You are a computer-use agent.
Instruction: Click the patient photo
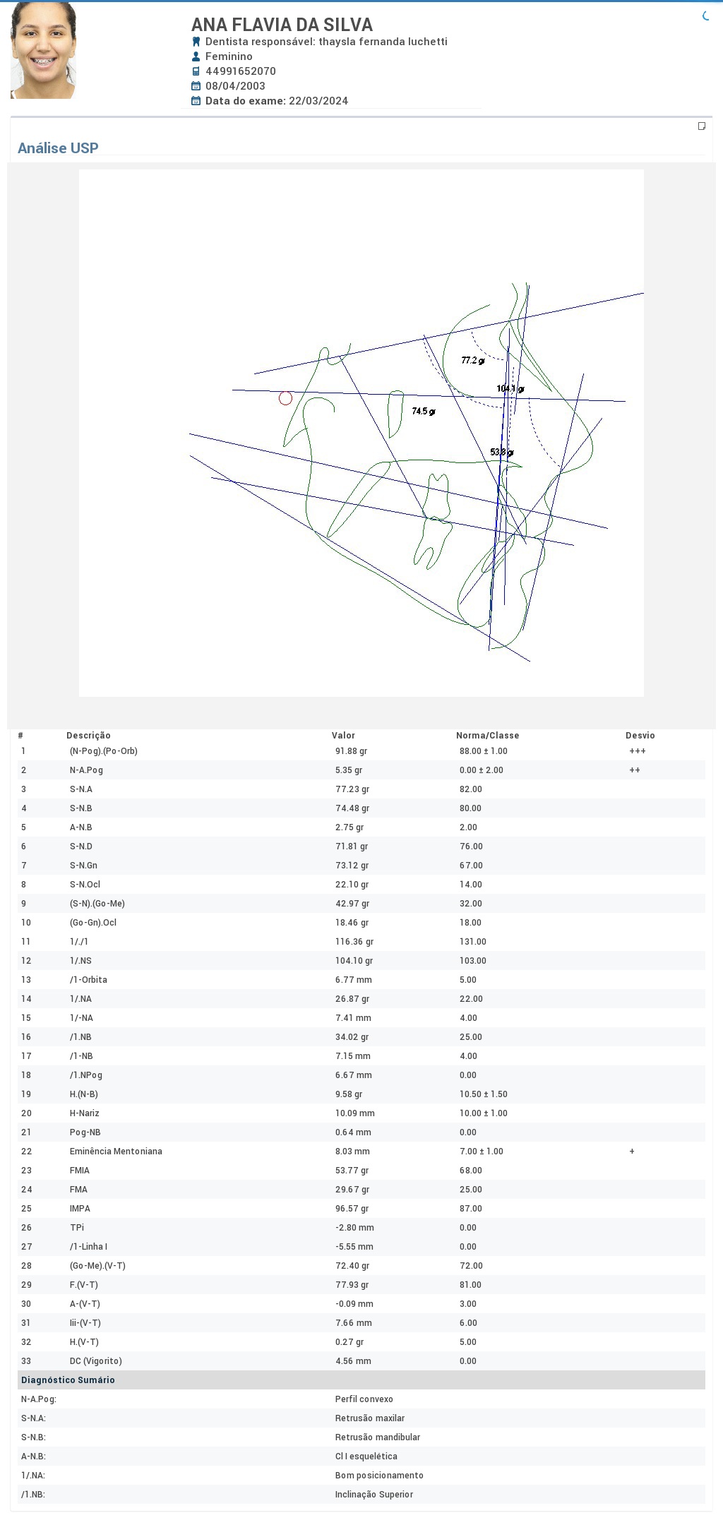(43, 50)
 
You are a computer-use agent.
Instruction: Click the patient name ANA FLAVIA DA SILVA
(282, 25)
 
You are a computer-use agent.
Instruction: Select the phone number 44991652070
(241, 71)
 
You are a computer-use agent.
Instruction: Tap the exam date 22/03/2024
(318, 101)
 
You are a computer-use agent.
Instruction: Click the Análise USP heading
(58, 148)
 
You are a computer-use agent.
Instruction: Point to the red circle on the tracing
(285, 398)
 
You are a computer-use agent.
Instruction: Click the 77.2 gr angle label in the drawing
(473, 361)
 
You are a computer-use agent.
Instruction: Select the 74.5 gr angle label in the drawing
(424, 412)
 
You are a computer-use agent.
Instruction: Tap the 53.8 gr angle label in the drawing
(502, 453)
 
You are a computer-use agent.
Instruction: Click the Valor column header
(343, 736)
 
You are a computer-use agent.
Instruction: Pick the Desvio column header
(640, 736)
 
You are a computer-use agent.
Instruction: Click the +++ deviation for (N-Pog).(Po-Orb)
(638, 751)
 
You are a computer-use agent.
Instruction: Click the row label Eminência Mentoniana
(116, 1152)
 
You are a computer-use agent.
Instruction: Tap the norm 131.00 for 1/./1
(473, 942)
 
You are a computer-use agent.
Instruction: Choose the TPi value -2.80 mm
(354, 1228)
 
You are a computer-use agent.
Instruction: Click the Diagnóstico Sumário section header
(68, 1380)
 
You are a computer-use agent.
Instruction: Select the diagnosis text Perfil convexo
(364, 1399)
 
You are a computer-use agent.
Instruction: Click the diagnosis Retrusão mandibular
(378, 1437)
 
